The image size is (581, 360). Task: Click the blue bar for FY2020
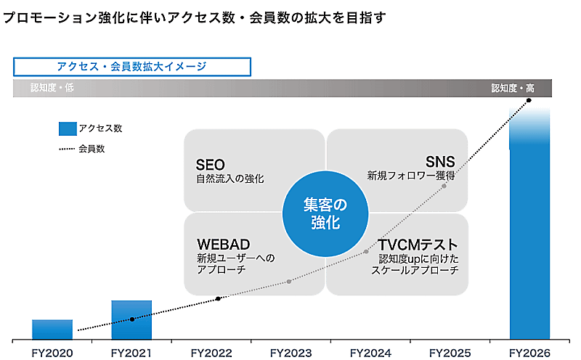click(x=52, y=330)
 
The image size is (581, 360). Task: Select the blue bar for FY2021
click(x=131, y=320)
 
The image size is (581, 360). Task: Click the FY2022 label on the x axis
click(x=211, y=353)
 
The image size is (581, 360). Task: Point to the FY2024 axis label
click(x=370, y=353)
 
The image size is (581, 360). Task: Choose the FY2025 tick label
click(x=450, y=353)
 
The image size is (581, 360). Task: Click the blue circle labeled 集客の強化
click(x=322, y=213)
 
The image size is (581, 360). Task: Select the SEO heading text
click(x=211, y=165)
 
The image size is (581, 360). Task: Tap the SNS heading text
click(x=440, y=162)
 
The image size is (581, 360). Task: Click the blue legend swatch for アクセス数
click(x=68, y=128)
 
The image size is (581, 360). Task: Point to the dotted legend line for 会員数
click(x=68, y=150)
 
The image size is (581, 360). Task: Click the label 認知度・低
click(x=52, y=89)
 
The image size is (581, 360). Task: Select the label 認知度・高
click(x=513, y=89)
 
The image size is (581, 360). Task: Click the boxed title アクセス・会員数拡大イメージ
click(x=131, y=67)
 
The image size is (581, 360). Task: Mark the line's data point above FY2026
click(x=529, y=99)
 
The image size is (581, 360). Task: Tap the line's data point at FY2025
click(x=444, y=186)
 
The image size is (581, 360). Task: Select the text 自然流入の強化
click(x=229, y=179)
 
